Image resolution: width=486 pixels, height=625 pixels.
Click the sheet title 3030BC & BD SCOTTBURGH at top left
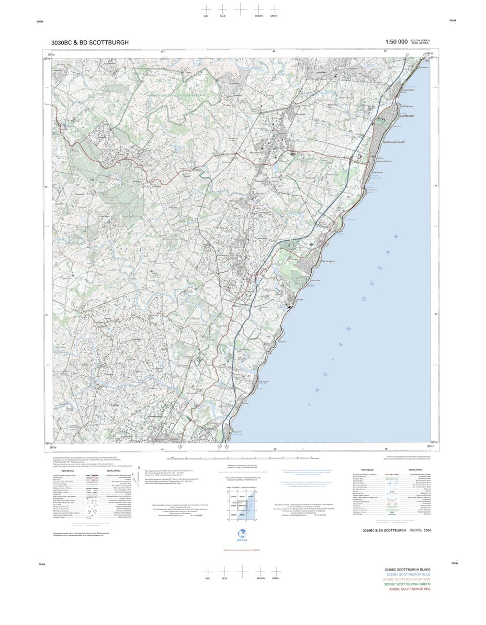89,42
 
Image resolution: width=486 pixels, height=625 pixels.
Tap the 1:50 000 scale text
395,42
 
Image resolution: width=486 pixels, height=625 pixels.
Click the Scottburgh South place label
393,142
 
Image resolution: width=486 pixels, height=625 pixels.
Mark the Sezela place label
300,299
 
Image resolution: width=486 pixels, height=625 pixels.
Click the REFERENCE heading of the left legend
68,471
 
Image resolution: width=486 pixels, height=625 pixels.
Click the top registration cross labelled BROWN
258,9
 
